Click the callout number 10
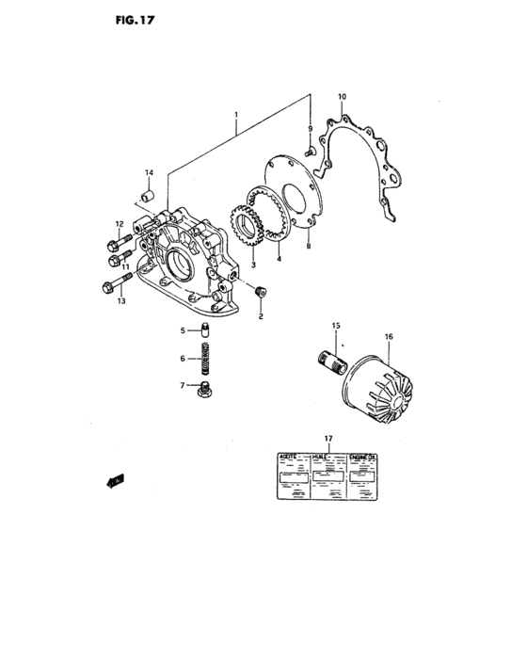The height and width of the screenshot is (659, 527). [x=342, y=97]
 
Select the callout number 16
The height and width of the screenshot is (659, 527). [x=388, y=335]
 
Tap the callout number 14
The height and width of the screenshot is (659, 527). [x=149, y=173]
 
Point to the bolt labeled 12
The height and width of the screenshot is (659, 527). [x=117, y=238]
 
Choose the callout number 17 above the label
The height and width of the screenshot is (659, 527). [x=328, y=439]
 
